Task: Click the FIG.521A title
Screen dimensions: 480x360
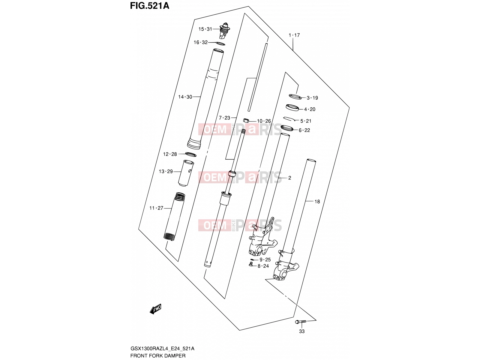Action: tap(150, 6)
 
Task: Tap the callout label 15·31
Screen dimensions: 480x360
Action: tap(205, 29)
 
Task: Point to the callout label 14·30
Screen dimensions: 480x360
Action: tap(185, 97)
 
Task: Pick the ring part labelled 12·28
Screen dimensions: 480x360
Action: tap(191, 154)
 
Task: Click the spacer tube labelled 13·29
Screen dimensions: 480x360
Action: tap(186, 173)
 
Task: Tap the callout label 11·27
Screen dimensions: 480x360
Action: tap(156, 208)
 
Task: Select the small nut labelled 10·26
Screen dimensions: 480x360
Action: tap(246, 120)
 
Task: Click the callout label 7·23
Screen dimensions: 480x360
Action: tap(224, 118)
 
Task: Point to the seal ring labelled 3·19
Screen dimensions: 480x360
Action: tap(295, 97)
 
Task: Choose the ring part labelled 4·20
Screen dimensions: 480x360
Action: tap(292, 107)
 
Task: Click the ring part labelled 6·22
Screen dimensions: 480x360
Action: tap(287, 128)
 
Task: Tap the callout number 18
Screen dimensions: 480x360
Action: tap(317, 202)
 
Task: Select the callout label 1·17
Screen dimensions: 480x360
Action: tap(294, 35)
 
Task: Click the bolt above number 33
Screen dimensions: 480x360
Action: tap(301, 322)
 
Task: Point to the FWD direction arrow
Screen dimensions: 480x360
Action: tap(155, 309)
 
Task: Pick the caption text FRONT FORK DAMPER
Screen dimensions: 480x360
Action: tap(158, 355)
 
